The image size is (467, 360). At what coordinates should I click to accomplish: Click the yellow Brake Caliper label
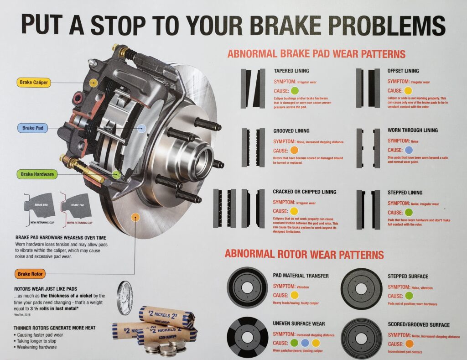pos(34,83)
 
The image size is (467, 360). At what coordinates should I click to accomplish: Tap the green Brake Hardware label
pos(37,174)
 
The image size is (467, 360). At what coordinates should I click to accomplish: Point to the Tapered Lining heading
pos(291,71)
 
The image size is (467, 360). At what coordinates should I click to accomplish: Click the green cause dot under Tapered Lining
pos(295,90)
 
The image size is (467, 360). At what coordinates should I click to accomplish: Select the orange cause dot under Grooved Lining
pos(295,150)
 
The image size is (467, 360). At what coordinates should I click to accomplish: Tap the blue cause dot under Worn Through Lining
pos(409,150)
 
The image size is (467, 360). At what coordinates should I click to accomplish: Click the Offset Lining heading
pos(403,71)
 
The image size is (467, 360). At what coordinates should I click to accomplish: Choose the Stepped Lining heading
pos(405,193)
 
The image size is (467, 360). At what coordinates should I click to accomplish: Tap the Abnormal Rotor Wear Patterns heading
pos(304,254)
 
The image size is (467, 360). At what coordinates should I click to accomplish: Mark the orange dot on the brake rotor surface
pos(135,217)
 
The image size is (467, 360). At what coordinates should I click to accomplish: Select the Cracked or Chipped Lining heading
pos(304,192)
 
